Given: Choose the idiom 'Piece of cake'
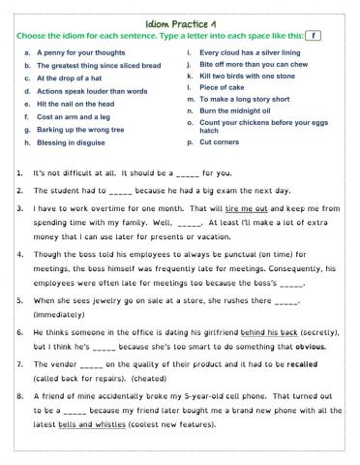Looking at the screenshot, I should tap(223, 87).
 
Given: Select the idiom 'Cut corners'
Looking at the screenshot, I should tap(219, 141).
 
